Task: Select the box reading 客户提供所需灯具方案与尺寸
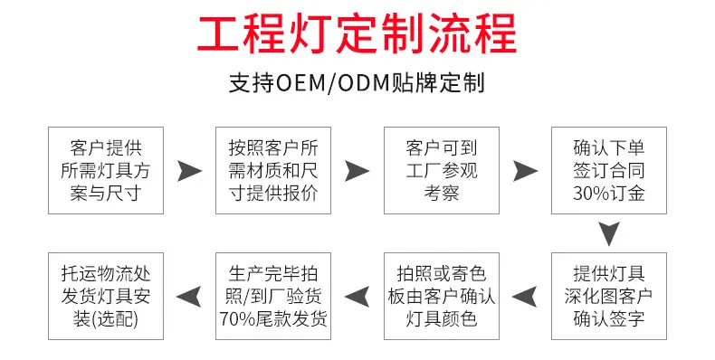[x=106, y=170]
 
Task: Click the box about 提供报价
[x=273, y=170]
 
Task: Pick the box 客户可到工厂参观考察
[x=442, y=170]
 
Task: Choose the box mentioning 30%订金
[x=609, y=170]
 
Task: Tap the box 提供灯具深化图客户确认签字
[x=609, y=296]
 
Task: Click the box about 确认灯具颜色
[x=442, y=296]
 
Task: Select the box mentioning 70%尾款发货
[x=273, y=296]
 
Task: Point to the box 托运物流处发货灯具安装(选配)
[x=106, y=296]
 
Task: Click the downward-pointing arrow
[x=609, y=233]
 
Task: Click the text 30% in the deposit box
[x=590, y=194]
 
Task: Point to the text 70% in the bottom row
[x=237, y=319]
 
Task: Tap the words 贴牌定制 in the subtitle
[x=438, y=83]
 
